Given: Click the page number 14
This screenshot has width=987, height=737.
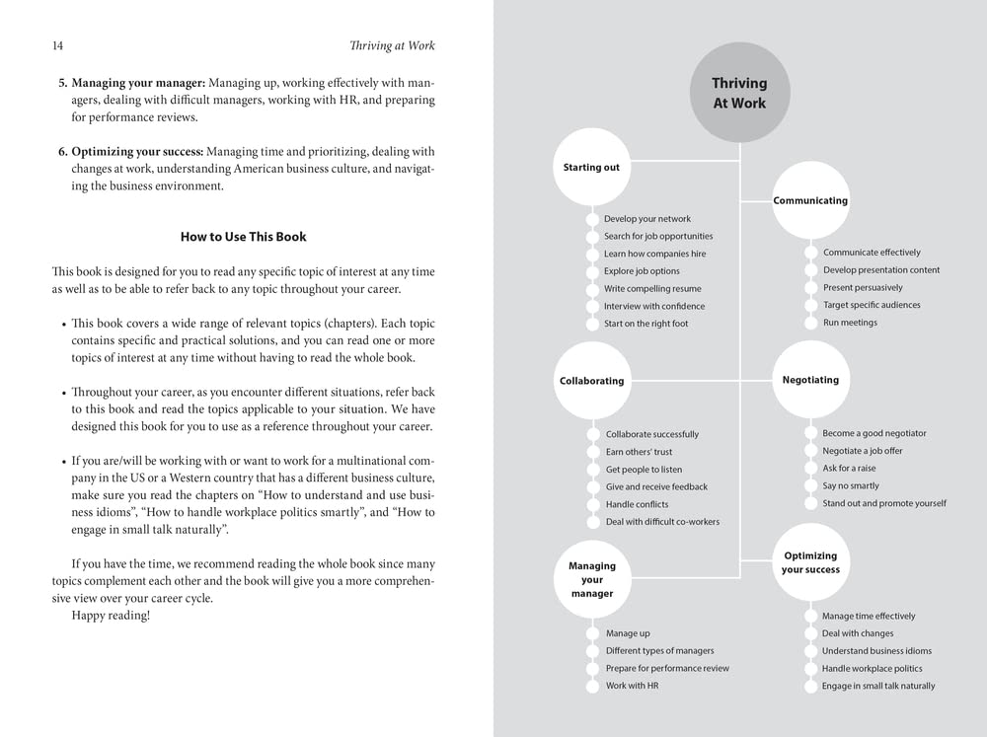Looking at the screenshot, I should click(57, 46).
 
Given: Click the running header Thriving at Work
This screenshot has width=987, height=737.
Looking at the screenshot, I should click(392, 46).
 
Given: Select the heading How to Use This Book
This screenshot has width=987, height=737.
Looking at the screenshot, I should click(243, 237).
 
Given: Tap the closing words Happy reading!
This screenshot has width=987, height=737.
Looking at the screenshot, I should click(111, 616).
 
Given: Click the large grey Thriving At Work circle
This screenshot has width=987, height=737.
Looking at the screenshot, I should click(739, 94).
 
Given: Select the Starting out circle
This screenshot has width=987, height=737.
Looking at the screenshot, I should click(591, 168).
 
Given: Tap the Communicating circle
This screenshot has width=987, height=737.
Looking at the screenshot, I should click(810, 201).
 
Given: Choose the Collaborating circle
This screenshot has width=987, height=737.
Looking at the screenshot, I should click(591, 381).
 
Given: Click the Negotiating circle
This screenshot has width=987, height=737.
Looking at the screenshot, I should click(810, 380).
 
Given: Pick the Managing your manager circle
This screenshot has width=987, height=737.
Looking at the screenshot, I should click(591, 580).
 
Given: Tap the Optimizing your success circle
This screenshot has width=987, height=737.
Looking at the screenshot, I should click(810, 563).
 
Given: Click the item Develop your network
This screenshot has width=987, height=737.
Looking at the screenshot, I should click(646, 219).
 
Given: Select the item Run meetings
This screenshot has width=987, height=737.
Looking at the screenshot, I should click(850, 323).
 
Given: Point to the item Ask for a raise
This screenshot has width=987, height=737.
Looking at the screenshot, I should click(849, 469).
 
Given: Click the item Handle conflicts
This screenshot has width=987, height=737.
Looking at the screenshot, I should click(637, 504).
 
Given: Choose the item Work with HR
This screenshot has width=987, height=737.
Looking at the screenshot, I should click(632, 686).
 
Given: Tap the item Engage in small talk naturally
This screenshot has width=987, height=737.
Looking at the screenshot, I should click(877, 686).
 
